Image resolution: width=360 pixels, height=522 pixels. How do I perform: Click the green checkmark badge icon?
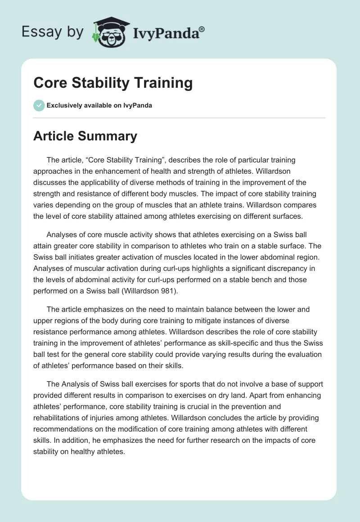[x=39, y=105]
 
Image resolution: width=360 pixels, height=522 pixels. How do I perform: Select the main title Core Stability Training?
[x=113, y=83]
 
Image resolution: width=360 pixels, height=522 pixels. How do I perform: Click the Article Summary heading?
[x=85, y=136]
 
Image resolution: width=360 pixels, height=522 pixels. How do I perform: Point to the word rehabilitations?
[x=61, y=417]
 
